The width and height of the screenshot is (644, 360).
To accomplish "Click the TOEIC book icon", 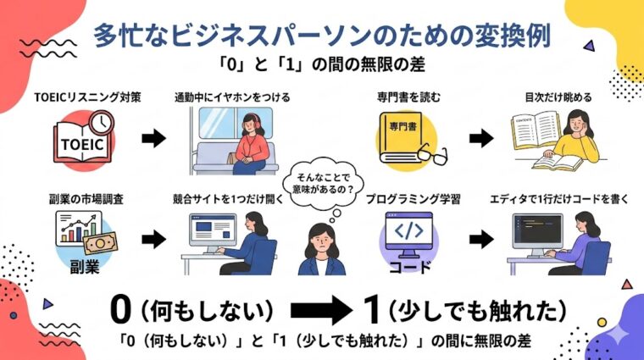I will (x=82, y=141).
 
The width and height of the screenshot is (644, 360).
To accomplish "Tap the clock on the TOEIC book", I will (x=102, y=124).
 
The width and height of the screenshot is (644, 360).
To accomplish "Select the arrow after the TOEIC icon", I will (x=153, y=139).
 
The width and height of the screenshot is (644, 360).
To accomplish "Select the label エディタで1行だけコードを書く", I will (x=556, y=200).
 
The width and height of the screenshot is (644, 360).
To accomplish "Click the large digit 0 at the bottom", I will (x=121, y=310).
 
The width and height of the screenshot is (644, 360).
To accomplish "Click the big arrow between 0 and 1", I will (x=319, y=310).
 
